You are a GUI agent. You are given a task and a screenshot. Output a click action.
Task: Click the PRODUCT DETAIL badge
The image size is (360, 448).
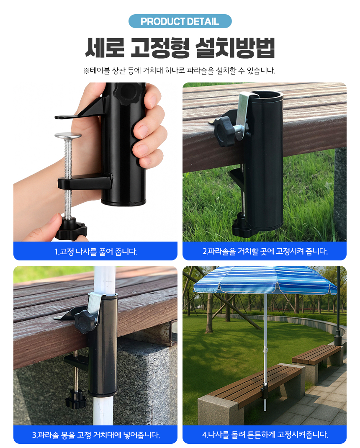point(180,21)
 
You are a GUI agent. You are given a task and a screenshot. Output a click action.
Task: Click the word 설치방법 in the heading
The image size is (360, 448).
point(235,48)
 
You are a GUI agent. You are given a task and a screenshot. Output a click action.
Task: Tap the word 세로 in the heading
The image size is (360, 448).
point(105,48)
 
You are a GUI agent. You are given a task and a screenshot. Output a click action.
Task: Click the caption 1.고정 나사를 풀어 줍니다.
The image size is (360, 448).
point(96,252)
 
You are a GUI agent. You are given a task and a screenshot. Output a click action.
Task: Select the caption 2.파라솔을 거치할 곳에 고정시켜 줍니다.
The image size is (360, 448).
point(265,251)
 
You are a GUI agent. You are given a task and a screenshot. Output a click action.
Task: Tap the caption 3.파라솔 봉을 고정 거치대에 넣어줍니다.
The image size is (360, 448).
point(96,435)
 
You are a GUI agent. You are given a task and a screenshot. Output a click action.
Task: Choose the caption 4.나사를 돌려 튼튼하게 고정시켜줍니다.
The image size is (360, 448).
point(265,435)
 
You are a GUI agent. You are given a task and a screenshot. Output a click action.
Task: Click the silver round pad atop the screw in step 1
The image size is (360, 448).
point(68,135)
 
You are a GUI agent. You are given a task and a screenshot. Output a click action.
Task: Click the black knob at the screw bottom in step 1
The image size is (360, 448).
point(71,229)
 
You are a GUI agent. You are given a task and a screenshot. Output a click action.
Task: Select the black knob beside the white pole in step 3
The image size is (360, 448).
point(85,322)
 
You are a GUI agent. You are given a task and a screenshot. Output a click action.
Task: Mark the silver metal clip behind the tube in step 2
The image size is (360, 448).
point(242,110)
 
